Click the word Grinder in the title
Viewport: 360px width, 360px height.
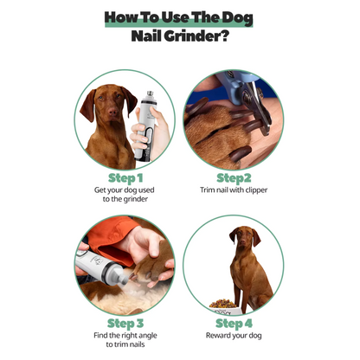[199, 38]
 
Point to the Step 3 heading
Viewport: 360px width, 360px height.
[125, 324]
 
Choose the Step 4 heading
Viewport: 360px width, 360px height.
[234, 324]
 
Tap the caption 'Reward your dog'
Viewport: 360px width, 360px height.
[234, 336]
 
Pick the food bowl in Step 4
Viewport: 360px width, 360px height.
[222, 305]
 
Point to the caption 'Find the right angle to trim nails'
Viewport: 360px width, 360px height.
[125, 341]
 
